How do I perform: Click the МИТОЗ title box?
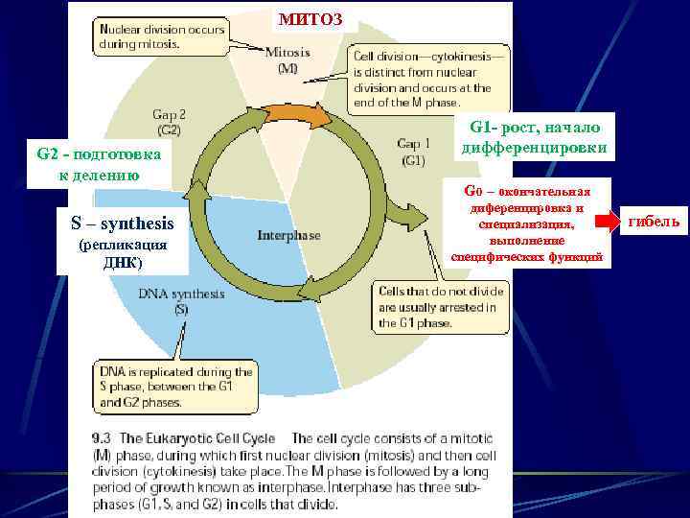(x=304, y=16)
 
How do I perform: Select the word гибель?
(x=655, y=223)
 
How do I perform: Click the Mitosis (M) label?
(x=287, y=59)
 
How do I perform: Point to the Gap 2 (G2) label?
(x=170, y=121)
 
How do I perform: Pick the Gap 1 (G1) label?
(x=411, y=152)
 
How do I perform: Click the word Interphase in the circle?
(x=287, y=235)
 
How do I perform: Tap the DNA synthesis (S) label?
(x=181, y=301)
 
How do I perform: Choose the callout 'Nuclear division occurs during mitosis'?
(x=162, y=36)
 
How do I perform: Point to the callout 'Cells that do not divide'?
(x=437, y=307)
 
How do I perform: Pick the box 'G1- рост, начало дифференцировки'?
(x=531, y=138)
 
